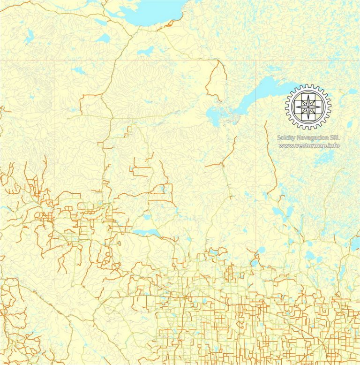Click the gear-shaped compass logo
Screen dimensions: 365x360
click(x=308, y=107)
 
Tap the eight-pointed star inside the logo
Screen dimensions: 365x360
click(x=308, y=107)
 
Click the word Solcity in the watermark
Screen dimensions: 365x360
click(x=286, y=137)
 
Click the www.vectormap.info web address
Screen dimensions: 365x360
click(x=309, y=145)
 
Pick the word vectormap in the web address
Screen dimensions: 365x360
click(x=311, y=145)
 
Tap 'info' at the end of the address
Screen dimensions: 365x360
click(x=333, y=145)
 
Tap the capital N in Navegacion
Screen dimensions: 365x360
click(x=300, y=137)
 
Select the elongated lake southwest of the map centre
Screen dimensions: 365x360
click(x=146, y=232)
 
